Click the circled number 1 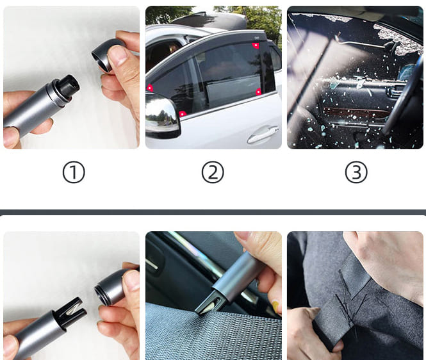coord(74,172)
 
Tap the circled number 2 coord(213,172)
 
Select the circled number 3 coord(356,172)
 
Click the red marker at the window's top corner coord(256,45)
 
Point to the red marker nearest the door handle coord(258,92)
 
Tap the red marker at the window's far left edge coord(150,88)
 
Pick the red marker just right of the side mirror coord(183,114)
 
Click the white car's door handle coord(263,135)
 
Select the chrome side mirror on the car coord(162,115)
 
